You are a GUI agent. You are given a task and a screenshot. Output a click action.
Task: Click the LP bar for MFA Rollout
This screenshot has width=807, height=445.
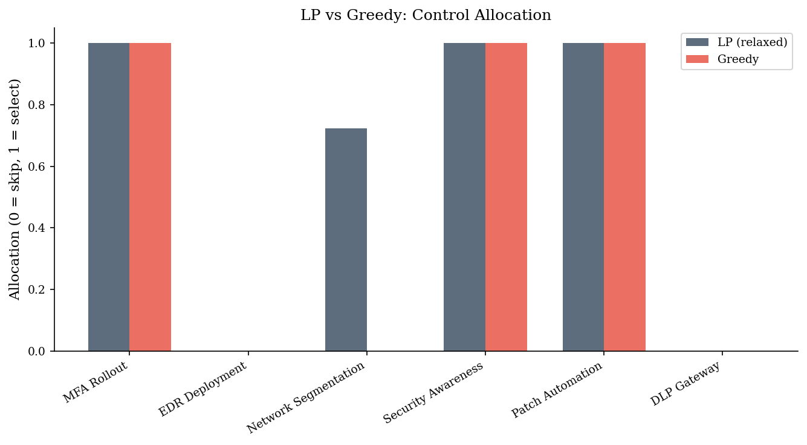point(109,197)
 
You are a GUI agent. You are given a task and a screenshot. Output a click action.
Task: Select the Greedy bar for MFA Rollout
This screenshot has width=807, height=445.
point(151,197)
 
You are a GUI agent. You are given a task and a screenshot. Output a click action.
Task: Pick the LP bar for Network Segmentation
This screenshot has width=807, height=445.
point(346,240)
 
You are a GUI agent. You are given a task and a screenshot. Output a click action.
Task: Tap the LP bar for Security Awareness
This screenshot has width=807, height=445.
point(464,197)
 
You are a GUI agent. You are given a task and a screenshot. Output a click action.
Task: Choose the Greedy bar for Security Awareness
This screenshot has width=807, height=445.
point(506,197)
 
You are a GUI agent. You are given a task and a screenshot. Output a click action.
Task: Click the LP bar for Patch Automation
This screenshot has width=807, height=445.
point(583,197)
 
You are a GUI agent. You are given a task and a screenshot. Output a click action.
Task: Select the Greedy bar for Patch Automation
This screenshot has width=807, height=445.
point(624,197)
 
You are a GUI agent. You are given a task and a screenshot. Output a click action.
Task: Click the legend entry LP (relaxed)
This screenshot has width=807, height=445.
point(736,42)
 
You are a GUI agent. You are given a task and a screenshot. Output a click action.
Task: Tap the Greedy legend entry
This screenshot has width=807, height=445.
point(722,59)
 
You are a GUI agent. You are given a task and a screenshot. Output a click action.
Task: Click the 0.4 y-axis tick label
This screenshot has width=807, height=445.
point(36,228)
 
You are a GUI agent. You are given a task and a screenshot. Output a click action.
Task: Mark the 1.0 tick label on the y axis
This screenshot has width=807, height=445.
point(36,44)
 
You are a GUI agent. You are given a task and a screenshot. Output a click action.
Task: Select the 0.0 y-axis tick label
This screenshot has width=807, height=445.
point(36,351)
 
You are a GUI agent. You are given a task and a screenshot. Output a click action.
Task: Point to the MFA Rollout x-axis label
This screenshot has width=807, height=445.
point(96,381)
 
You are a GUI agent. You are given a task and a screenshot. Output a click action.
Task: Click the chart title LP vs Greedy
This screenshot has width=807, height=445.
point(426,15)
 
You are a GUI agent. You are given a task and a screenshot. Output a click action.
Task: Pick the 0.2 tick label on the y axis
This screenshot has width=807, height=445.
point(36,289)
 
